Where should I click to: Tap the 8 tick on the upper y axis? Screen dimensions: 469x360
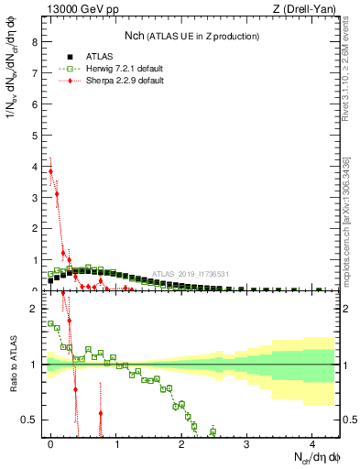34,41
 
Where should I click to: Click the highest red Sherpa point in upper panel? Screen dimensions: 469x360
50,171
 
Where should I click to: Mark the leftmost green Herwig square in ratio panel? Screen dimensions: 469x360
50,322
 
